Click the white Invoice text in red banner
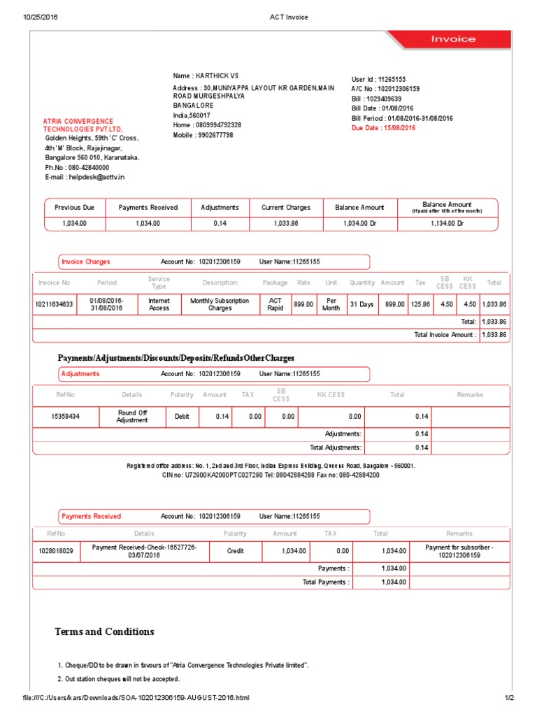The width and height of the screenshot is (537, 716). click(x=452, y=39)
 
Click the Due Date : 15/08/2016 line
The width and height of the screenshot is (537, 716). click(x=383, y=129)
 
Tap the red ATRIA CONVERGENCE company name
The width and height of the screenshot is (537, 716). click(x=78, y=125)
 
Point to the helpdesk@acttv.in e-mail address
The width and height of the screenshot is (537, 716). click(x=85, y=178)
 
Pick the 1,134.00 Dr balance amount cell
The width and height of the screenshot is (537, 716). click(x=448, y=223)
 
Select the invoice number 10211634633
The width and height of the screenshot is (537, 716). click(x=53, y=304)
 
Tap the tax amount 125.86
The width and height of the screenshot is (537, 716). click(x=420, y=304)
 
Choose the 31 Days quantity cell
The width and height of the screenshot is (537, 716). click(x=362, y=304)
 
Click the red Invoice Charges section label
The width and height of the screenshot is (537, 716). click(x=86, y=262)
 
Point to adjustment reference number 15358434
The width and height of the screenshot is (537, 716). click(x=66, y=416)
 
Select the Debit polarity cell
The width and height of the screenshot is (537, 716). click(x=177, y=416)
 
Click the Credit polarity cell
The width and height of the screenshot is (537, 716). click(x=236, y=551)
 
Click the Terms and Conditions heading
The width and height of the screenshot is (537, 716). click(x=105, y=631)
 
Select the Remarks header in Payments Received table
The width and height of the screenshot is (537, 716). click(x=459, y=534)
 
